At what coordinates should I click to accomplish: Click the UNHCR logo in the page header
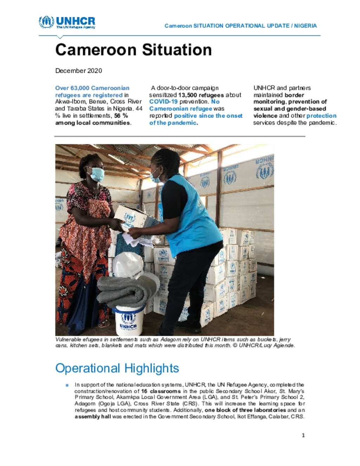click(67, 22)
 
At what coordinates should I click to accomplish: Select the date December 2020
click(78, 71)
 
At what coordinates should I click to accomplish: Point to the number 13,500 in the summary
click(187, 95)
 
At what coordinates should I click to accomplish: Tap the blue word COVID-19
click(163, 102)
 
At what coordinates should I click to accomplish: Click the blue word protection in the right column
click(321, 116)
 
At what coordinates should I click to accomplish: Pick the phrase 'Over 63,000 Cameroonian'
click(92, 88)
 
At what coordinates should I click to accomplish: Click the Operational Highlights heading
click(117, 368)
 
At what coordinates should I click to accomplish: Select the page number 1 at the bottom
click(303, 435)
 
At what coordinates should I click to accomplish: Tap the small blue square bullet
click(67, 385)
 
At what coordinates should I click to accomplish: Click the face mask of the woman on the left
click(97, 174)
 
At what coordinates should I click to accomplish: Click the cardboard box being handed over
click(135, 218)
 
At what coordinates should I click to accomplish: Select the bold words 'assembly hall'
click(92, 416)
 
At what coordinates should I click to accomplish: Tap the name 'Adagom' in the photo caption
click(171, 339)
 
